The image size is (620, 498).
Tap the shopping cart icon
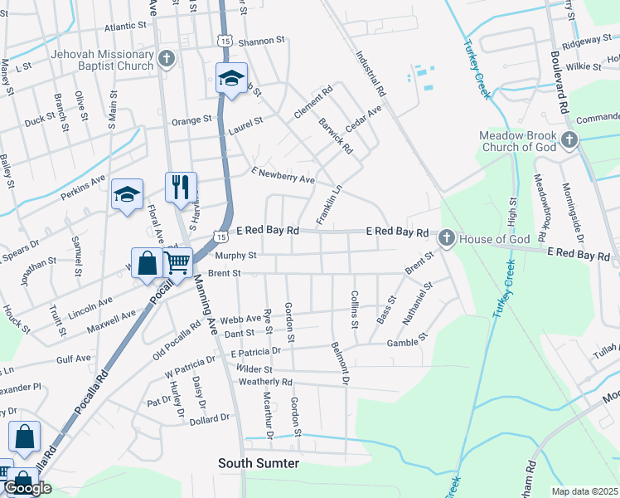178,263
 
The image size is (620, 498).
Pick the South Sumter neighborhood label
258,462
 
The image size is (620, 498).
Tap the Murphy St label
237,256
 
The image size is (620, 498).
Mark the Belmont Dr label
341,365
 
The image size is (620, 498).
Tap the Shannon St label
261,40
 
